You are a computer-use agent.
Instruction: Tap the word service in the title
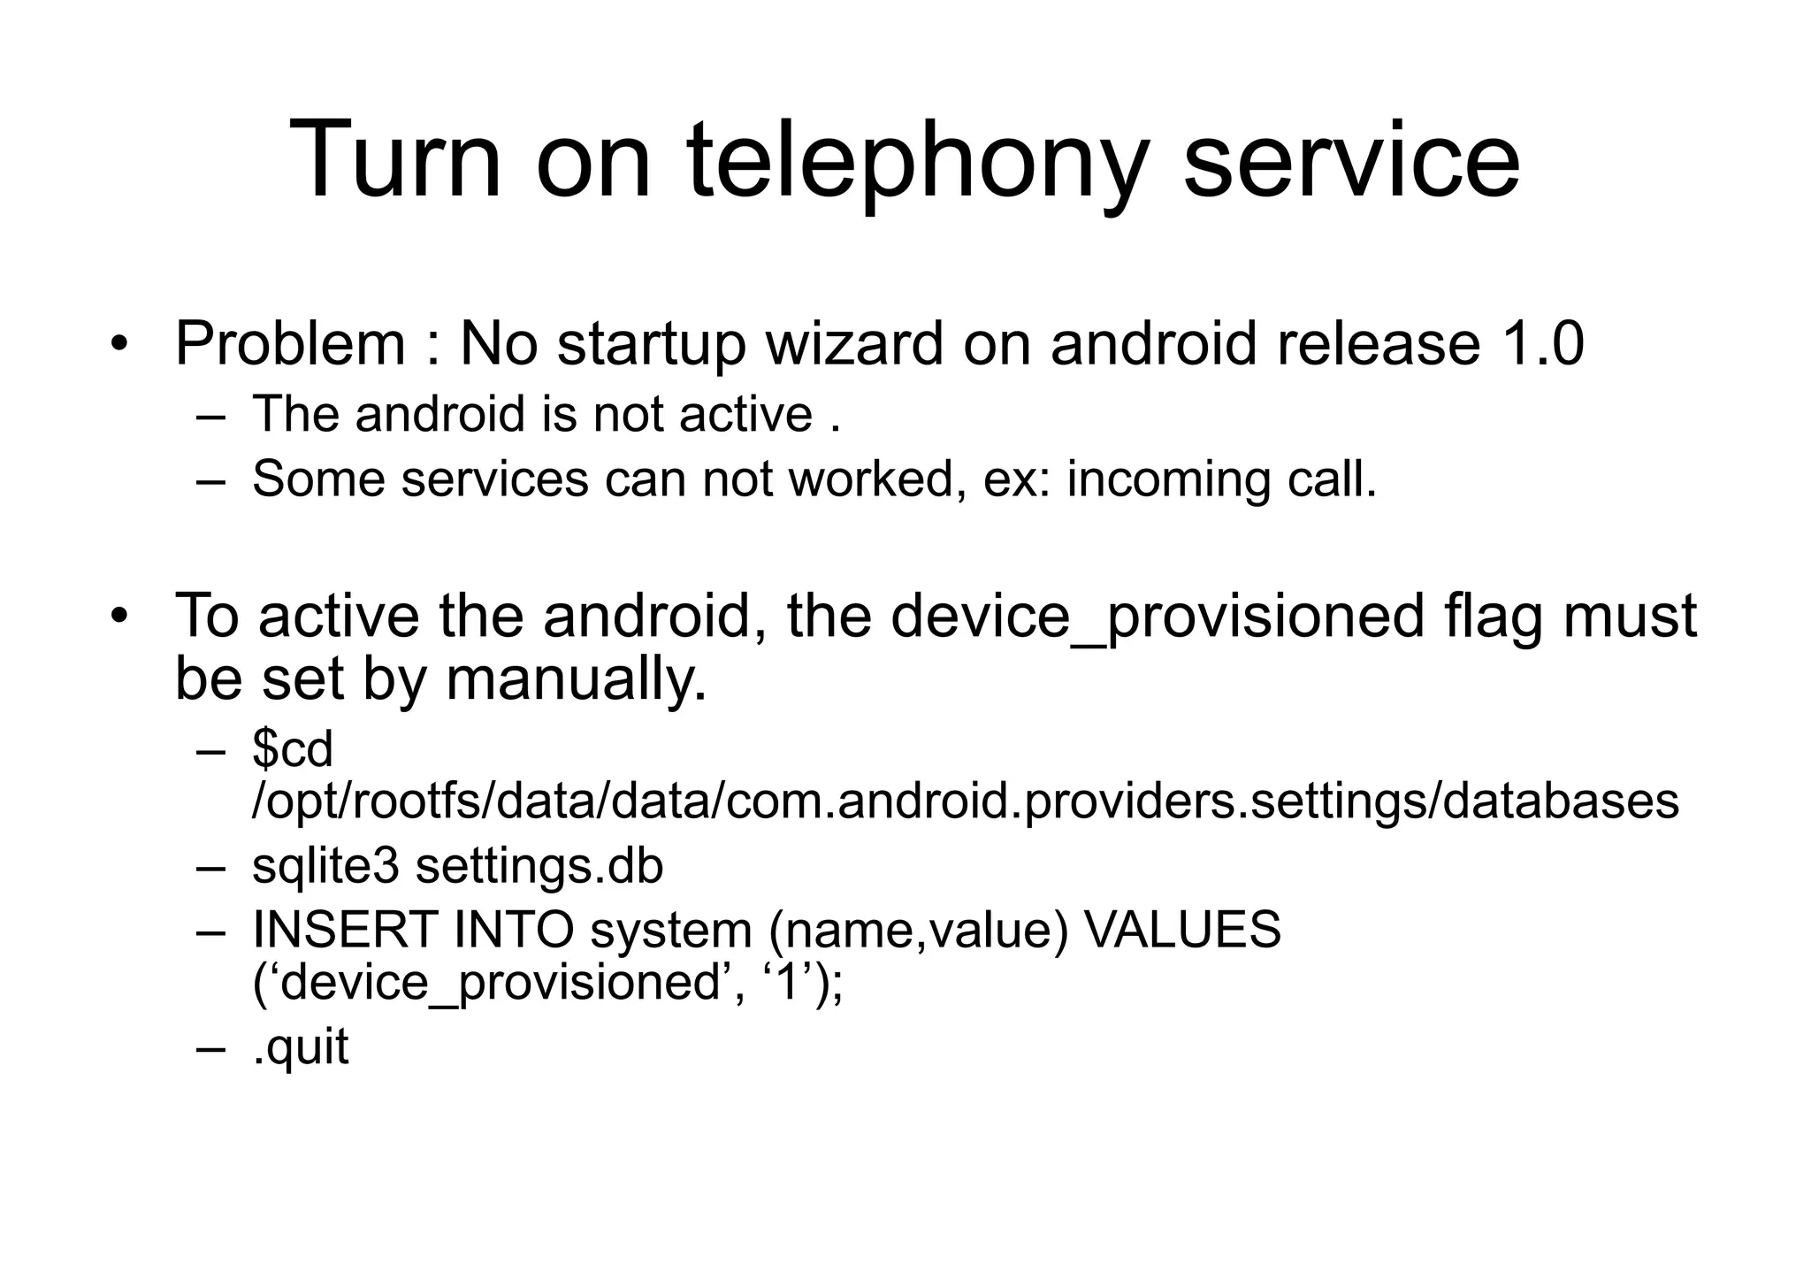1351,162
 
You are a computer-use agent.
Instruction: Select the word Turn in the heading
395,162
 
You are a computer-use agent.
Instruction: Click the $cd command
292,750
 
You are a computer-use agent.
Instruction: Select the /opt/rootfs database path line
965,801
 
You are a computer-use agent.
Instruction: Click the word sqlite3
325,867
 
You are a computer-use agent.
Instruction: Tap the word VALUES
1181,930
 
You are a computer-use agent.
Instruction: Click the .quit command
301,1048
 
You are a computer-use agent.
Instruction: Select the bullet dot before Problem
120,344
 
